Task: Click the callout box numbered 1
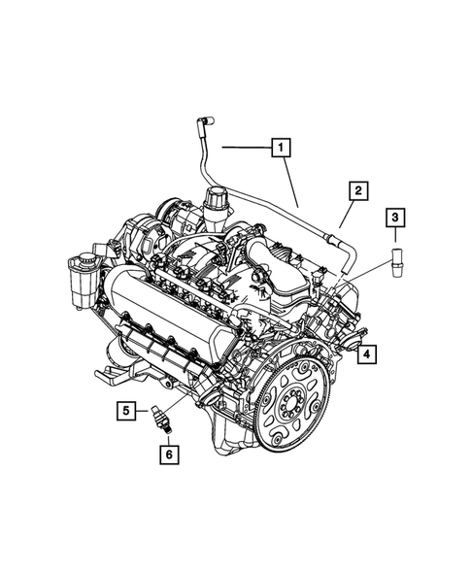point(280,149)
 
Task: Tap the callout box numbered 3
point(395,219)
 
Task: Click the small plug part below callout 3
point(395,261)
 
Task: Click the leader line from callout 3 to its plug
point(395,238)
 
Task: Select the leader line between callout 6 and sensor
point(167,437)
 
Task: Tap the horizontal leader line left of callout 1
point(243,149)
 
